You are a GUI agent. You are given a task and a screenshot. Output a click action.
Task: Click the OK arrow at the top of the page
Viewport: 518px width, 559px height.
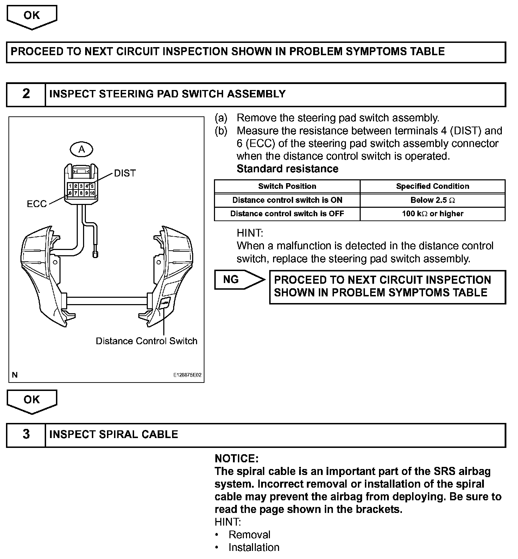pos(32,17)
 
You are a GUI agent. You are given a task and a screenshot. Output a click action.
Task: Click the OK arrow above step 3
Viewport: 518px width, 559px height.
pos(32,401)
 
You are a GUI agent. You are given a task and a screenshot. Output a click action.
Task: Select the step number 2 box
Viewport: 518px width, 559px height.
pos(26,94)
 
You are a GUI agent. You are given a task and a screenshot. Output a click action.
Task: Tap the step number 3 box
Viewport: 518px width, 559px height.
pos(26,435)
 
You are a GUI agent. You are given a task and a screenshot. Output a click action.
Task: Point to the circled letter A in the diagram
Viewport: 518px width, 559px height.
pos(82,150)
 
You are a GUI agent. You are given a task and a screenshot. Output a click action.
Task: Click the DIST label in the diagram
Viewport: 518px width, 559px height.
pos(125,173)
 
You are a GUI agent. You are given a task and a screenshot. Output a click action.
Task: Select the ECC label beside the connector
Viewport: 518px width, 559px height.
pos(37,204)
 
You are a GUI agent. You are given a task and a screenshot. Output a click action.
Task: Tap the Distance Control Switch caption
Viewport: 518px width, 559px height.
pos(146,341)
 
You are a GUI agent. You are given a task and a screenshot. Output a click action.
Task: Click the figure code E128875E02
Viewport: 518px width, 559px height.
pos(187,375)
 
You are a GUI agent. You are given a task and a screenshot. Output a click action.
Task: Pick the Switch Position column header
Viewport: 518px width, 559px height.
pos(287,186)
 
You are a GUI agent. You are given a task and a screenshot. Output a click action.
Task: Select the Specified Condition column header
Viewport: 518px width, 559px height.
pos(432,186)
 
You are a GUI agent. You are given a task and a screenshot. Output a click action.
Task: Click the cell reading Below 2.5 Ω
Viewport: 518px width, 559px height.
pos(432,200)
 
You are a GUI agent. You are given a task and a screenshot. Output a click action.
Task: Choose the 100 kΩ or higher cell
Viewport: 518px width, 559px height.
pos(432,214)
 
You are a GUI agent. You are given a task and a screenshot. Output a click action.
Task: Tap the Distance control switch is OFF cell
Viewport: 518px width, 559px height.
pos(287,214)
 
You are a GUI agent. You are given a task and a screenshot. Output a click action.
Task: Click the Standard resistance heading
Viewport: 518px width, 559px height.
pos(287,169)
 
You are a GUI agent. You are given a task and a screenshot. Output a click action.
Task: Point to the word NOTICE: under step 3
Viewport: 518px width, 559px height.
pos(236,458)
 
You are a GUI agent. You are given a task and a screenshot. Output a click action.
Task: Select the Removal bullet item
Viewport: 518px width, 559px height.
pos(249,535)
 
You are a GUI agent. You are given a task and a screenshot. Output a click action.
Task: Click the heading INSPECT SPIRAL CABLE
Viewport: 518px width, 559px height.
pos(114,435)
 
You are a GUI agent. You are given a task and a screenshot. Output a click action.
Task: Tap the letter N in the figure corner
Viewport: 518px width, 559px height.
pos(15,375)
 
